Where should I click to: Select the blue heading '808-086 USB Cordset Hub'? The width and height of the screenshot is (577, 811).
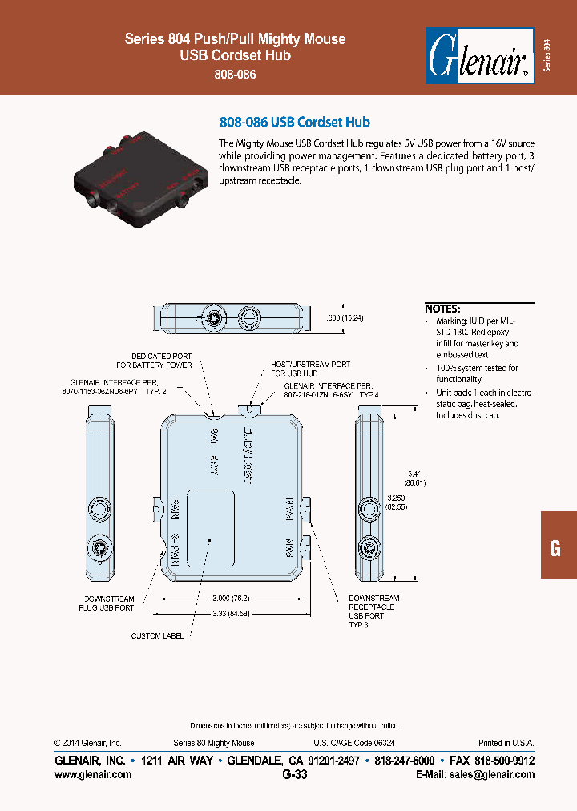[x=294, y=123]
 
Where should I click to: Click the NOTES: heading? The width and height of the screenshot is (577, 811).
[x=442, y=309]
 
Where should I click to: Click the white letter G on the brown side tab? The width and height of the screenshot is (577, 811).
[x=555, y=549]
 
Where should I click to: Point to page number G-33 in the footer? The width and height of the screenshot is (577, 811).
[x=294, y=774]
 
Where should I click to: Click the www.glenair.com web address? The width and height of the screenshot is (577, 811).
[x=92, y=774]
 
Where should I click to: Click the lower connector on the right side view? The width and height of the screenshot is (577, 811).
[x=369, y=549]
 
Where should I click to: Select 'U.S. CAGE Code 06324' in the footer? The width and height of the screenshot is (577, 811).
[x=353, y=743]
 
